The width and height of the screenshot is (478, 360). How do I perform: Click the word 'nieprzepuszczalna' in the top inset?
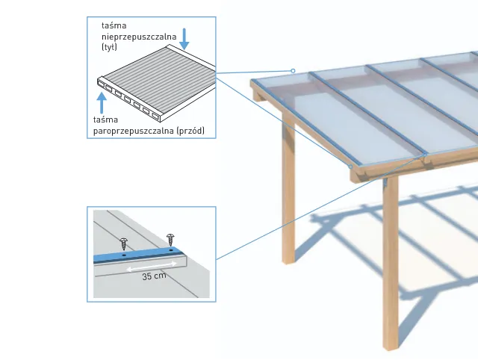tap(139, 37)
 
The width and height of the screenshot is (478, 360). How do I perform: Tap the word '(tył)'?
tap(109, 47)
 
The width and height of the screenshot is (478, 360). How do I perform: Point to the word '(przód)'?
tap(190, 131)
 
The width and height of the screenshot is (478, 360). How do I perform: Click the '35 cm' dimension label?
tap(154, 276)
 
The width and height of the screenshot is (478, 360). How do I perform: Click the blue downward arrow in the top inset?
tap(184, 39)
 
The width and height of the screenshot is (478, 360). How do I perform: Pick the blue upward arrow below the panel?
tap(102, 103)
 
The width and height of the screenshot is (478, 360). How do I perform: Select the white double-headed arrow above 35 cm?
tap(152, 266)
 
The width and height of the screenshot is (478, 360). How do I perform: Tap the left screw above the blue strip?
tap(124, 244)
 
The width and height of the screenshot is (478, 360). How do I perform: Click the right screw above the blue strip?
tap(170, 240)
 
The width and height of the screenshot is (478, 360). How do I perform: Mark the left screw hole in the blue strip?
tap(124, 255)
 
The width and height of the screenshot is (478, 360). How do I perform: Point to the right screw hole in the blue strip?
tap(171, 250)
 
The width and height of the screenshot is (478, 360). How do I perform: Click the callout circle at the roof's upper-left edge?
tap(293, 71)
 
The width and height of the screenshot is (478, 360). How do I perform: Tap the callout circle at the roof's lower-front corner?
tap(350, 167)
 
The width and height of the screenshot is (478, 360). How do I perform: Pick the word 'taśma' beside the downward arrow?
tap(114, 25)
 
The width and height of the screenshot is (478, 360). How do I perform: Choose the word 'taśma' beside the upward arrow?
tap(105, 120)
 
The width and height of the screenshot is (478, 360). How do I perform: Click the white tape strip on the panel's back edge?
tap(191, 57)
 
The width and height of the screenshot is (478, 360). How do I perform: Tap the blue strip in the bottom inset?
tap(139, 255)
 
